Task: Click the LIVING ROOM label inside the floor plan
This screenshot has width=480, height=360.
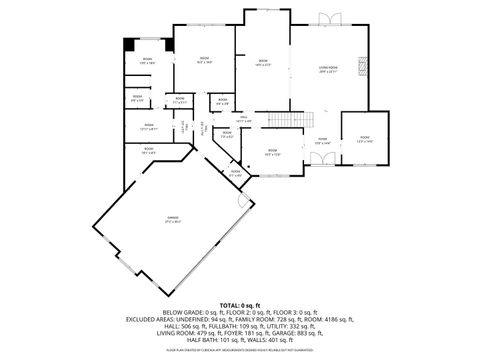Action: (x=327, y=68)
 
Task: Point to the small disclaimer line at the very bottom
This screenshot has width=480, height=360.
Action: (x=240, y=350)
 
